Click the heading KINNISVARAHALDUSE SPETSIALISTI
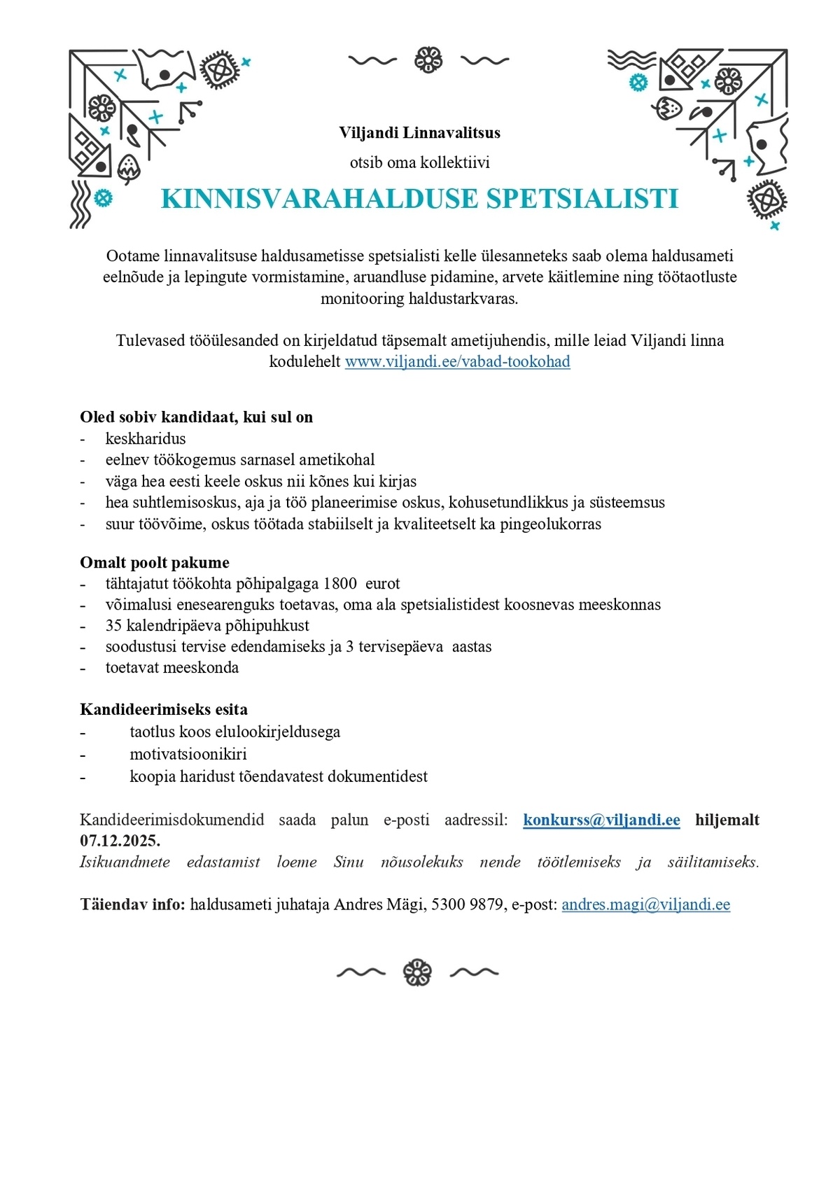coord(419,199)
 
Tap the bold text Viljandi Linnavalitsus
coord(419,132)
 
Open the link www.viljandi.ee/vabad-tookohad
coord(457,362)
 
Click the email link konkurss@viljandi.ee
coord(601,820)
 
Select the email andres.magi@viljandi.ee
coord(645,904)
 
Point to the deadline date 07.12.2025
coord(120,840)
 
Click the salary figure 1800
coord(340,583)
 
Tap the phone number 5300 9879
coord(467,904)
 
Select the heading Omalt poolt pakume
coord(155,562)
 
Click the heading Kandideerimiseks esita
coord(164,709)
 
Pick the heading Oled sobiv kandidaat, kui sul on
coord(196,417)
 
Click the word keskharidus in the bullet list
coord(146,439)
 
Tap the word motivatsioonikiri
coord(188,754)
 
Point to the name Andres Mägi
coord(379,904)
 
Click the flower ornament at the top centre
coord(428,60)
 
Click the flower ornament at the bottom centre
coord(417,972)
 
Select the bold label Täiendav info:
coord(132,904)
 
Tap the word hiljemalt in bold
coord(727,820)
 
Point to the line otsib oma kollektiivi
coord(419,163)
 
